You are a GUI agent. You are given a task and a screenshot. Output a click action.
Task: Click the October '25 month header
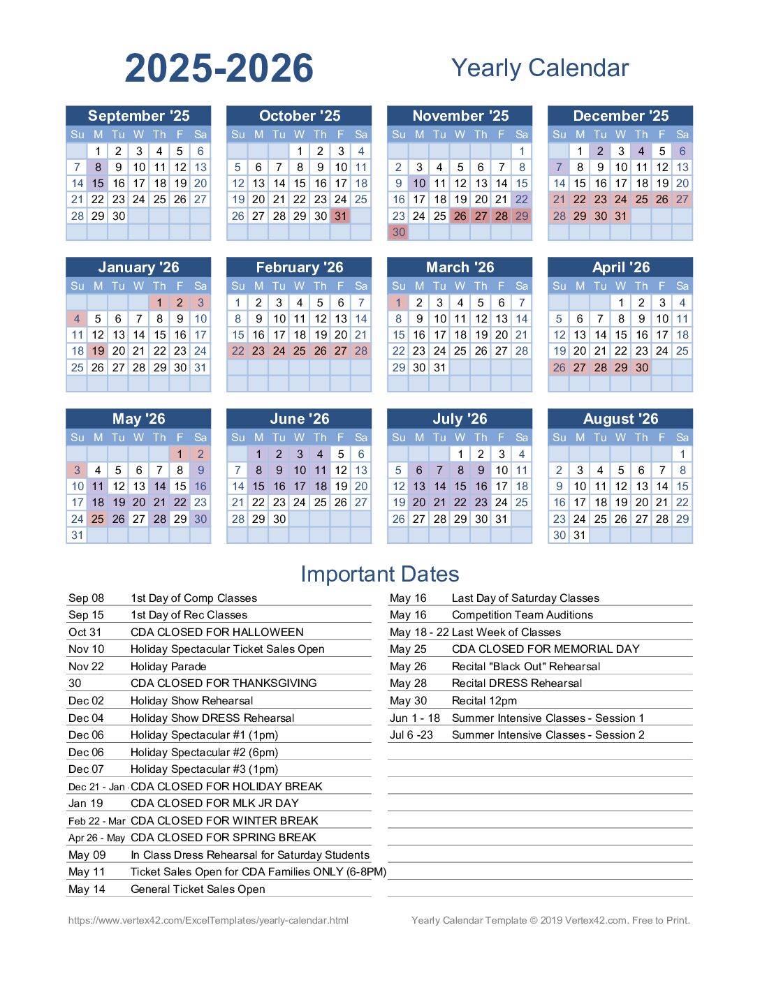[299, 116]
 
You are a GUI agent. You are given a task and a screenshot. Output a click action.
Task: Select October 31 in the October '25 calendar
[341, 216]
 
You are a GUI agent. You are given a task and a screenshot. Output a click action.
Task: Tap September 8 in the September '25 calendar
[98, 168]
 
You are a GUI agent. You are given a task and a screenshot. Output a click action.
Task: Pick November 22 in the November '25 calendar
[522, 200]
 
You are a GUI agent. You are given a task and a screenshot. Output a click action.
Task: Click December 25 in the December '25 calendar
[641, 200]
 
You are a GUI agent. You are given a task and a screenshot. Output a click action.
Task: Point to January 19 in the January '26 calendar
[98, 351]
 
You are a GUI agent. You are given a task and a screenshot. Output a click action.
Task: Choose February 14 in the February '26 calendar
[361, 319]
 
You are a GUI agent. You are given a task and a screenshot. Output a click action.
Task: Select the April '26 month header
[620, 267]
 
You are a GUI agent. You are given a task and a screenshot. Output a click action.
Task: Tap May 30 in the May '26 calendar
[200, 519]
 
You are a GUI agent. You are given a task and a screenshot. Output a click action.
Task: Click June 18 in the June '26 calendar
[320, 487]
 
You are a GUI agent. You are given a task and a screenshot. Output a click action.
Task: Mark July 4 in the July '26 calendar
[522, 454]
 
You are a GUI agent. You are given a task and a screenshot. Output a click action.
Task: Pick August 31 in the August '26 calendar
[580, 535]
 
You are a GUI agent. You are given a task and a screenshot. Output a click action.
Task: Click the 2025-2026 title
[219, 68]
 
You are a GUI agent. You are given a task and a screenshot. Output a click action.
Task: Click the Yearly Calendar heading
[540, 68]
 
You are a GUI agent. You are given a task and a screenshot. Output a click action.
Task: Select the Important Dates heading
[379, 574]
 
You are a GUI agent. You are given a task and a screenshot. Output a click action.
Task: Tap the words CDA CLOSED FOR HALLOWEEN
[217, 632]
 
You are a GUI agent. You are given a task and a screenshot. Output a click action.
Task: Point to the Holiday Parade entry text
[168, 666]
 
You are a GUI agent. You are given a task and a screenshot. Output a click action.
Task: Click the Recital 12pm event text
[484, 700]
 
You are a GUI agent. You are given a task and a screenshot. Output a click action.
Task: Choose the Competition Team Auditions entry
[522, 615]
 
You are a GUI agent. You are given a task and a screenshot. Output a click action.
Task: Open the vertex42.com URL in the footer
[208, 920]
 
